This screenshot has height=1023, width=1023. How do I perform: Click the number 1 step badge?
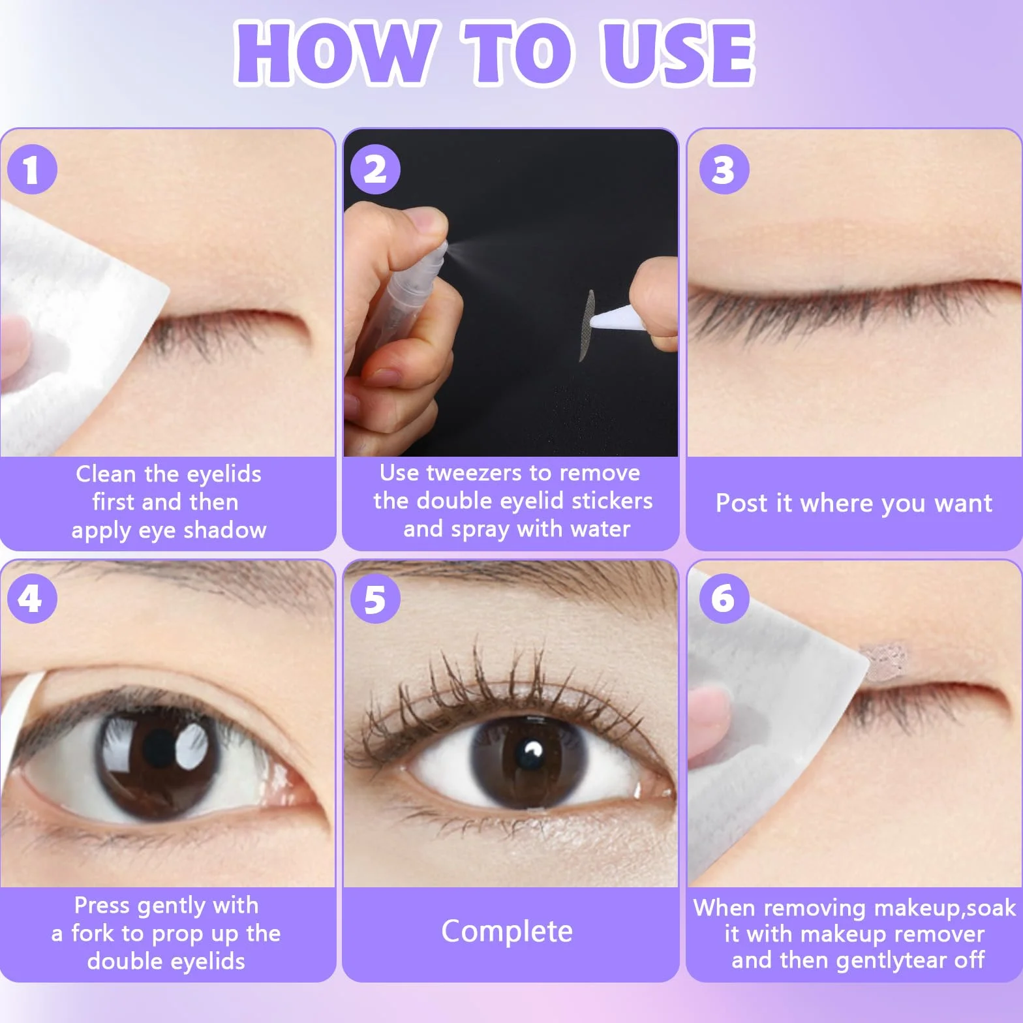pyautogui.click(x=33, y=170)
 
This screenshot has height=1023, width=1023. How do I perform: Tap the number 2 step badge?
pyautogui.click(x=375, y=170)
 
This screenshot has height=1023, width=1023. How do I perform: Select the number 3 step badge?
pyautogui.click(x=724, y=170)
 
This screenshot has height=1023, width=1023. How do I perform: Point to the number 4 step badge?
pyautogui.click(x=33, y=598)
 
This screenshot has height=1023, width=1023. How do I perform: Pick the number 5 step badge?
pyautogui.click(x=375, y=598)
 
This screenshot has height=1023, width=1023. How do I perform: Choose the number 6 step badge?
pyautogui.click(x=724, y=598)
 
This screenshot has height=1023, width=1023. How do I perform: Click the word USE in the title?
pyautogui.click(x=677, y=53)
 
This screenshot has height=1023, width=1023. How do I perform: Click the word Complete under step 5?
pyautogui.click(x=507, y=932)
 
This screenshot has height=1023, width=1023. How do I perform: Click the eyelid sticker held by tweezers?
pyautogui.click(x=587, y=325)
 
